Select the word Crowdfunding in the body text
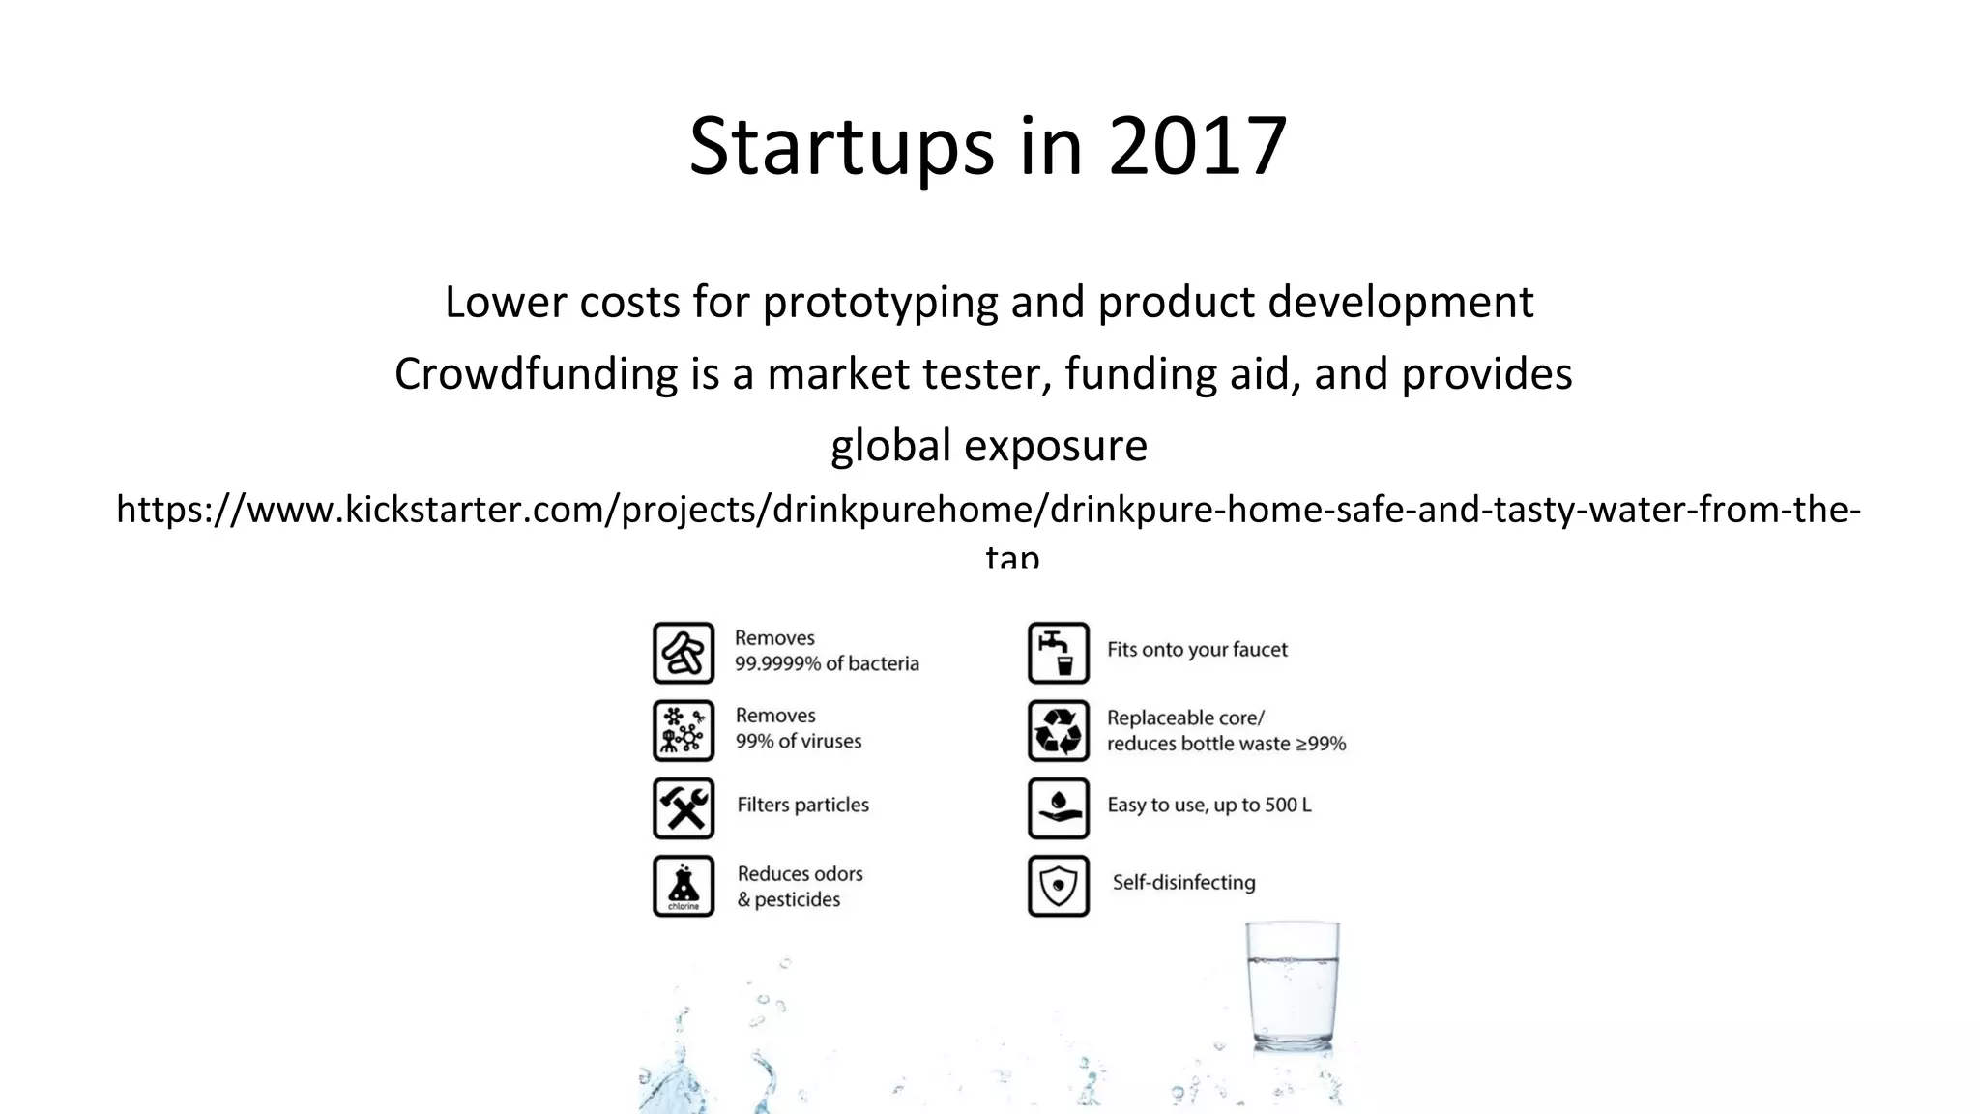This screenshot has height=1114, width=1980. [537, 374]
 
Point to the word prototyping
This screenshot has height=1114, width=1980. [880, 303]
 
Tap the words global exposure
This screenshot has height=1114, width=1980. [989, 446]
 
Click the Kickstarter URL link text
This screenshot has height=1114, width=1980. [988, 510]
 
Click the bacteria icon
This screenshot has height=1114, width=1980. [684, 653]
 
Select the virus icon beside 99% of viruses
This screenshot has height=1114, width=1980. [684, 730]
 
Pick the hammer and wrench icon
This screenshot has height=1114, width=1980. [684, 807]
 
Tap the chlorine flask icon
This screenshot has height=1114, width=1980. [684, 885]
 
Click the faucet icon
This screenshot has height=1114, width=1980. [1058, 653]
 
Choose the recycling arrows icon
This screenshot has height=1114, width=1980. [1058, 730]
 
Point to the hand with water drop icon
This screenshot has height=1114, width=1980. [1058, 807]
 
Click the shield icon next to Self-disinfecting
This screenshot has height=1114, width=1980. [1058, 885]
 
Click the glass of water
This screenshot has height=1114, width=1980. [1292, 986]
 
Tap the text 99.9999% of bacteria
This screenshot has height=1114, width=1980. [827, 663]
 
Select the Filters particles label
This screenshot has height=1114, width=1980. [802, 805]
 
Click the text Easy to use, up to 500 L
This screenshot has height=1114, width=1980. [1208, 805]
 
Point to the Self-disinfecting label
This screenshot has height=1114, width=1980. [1183, 882]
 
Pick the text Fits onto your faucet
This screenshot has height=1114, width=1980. [1197, 650]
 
